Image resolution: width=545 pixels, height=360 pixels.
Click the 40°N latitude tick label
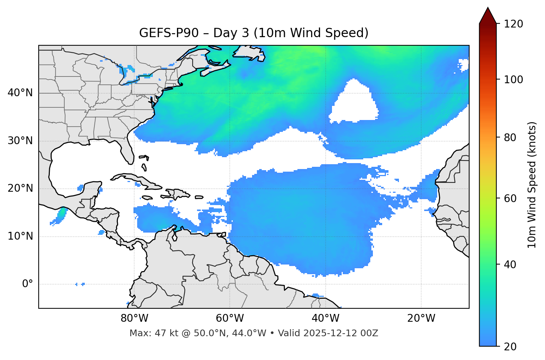pyautogui.click(x=20, y=93)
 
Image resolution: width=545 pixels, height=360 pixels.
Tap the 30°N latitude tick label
pyautogui.click(x=20, y=141)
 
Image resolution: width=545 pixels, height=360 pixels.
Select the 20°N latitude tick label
pyautogui.click(x=20, y=188)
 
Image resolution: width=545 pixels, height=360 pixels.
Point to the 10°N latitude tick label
pyautogui.click(x=20, y=236)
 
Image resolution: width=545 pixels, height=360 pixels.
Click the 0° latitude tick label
pyautogui.click(x=27, y=284)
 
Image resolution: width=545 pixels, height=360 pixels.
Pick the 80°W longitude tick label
pyautogui.click(x=134, y=318)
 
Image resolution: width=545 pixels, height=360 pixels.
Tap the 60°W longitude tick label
pyautogui.click(x=230, y=318)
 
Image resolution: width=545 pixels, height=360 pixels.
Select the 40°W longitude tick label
pyautogui.click(x=325, y=318)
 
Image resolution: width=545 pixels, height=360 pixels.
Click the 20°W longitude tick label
pyautogui.click(x=421, y=318)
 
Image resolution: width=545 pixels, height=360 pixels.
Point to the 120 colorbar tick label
pyautogui.click(x=513, y=24)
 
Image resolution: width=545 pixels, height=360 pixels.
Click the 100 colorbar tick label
pyautogui.click(x=513, y=80)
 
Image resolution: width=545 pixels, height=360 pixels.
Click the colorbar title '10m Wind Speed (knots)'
pyautogui.click(x=532, y=185)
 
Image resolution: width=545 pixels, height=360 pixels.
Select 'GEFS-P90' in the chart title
pyautogui.click(x=164, y=33)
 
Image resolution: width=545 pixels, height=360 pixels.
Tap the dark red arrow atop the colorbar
pyautogui.click(x=488, y=16)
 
